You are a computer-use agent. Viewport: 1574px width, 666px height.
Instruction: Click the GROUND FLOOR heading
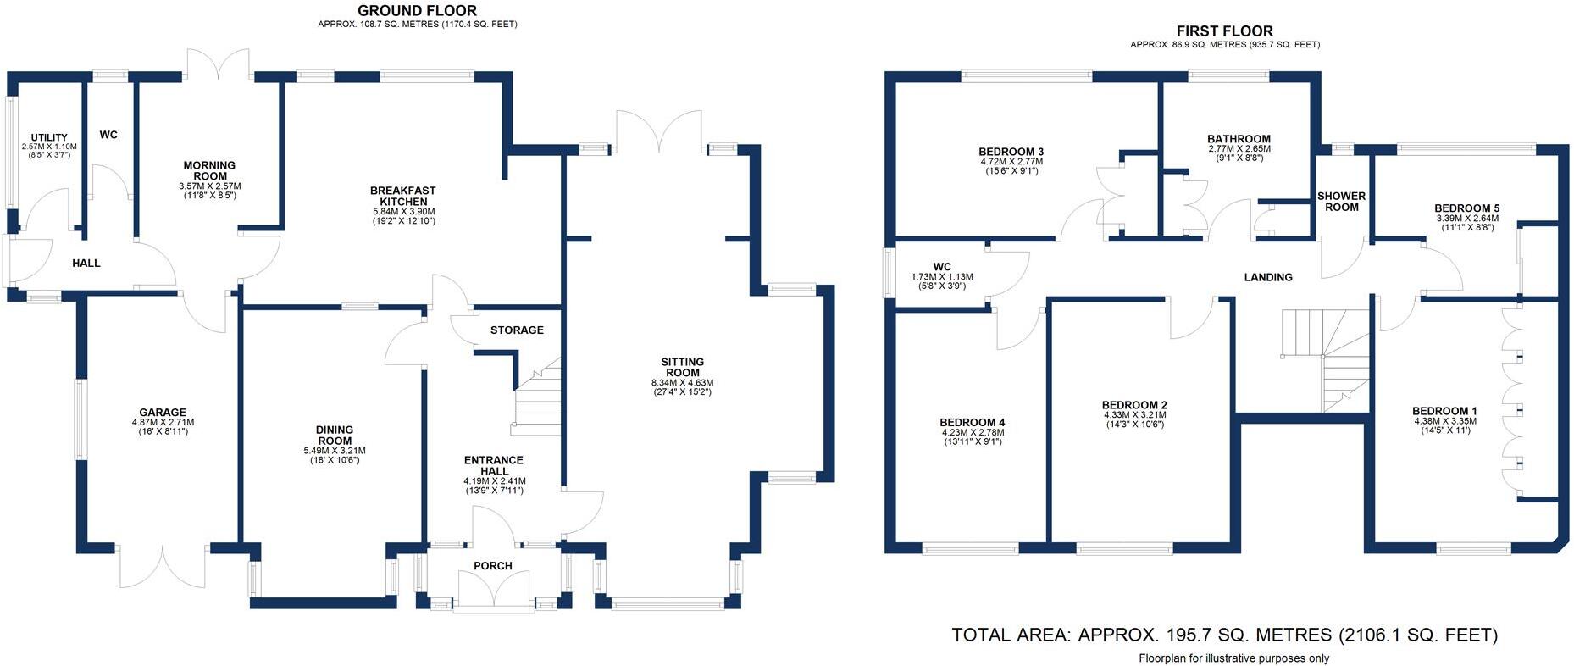click(x=417, y=11)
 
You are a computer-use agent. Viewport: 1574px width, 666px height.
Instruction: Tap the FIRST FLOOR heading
click(x=1224, y=31)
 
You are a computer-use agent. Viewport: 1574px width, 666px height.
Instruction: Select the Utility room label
click(x=49, y=137)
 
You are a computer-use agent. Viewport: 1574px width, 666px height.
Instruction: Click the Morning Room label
click(x=209, y=170)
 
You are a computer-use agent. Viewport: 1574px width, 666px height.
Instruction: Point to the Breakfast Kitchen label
click(x=403, y=196)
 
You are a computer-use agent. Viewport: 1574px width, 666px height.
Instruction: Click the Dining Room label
click(x=335, y=435)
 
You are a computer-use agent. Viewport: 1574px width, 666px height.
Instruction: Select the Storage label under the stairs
click(x=517, y=330)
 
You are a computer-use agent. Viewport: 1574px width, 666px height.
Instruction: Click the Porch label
click(x=493, y=565)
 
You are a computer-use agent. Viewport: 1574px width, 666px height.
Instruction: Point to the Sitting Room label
click(x=682, y=367)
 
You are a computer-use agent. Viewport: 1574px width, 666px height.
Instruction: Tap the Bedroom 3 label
click(x=1011, y=152)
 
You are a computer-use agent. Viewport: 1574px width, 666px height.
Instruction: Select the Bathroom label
click(x=1239, y=139)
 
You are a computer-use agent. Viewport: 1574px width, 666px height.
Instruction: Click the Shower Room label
click(x=1341, y=202)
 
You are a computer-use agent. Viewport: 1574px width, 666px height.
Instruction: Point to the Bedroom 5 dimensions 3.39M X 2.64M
click(x=1467, y=219)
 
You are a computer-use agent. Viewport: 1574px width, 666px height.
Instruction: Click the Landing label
click(x=1267, y=277)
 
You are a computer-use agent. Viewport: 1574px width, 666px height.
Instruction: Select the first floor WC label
click(x=942, y=266)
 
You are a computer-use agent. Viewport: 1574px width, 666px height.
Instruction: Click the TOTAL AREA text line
click(x=1224, y=635)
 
